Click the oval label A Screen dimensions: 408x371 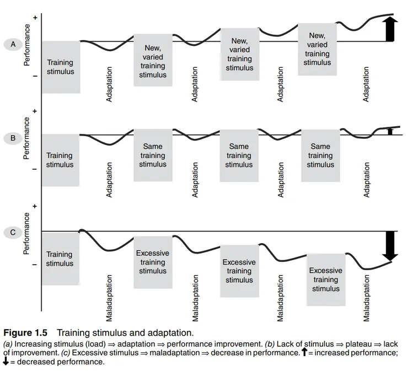pos(13,44)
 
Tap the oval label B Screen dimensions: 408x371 pos(13,138)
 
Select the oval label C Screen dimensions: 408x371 pos(13,232)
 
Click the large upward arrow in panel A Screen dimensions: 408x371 pos(389,29)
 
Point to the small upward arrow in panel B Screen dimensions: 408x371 pos(390,131)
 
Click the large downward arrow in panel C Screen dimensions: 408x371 pos(390,246)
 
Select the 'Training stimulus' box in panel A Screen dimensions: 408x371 pos(61,67)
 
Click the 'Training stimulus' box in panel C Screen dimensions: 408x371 pos(60,259)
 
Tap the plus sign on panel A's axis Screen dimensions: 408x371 pos(35,18)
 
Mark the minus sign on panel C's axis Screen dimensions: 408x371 pos(35,265)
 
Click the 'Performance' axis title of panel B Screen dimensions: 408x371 pos(26,138)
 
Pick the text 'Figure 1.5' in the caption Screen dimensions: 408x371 pos(25,333)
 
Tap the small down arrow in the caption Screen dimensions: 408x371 pos(6,361)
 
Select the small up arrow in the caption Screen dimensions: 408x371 pos(304,352)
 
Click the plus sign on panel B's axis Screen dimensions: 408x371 pos(35,111)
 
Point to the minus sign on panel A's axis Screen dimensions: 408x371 pos(35,76)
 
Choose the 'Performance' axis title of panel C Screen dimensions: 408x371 pos(26,233)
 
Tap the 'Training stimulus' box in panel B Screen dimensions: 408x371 pos(60,160)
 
